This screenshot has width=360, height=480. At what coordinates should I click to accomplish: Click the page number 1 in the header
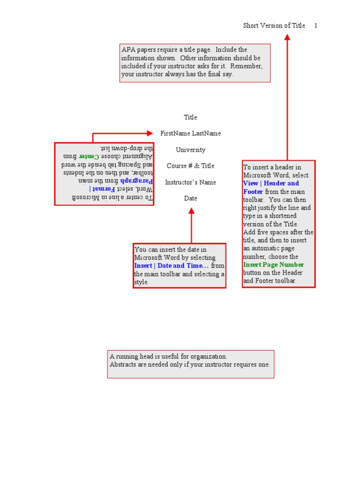click(316, 26)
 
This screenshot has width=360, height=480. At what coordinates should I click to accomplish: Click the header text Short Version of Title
click(274, 26)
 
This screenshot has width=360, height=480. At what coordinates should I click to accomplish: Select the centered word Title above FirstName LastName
click(190, 117)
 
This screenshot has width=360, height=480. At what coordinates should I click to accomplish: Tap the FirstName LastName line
click(190, 134)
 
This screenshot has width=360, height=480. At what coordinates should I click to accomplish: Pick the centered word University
click(190, 150)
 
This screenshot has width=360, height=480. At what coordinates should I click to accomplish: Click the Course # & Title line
click(190, 166)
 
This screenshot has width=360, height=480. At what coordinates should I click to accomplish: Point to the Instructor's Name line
click(190, 182)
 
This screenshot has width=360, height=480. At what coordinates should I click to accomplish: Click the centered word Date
click(190, 198)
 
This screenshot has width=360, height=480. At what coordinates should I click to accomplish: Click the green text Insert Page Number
click(273, 265)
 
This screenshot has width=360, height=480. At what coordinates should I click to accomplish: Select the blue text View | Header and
click(270, 183)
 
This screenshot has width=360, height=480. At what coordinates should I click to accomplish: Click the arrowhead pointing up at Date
click(191, 211)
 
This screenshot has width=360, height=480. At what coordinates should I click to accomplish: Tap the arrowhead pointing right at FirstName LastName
click(150, 134)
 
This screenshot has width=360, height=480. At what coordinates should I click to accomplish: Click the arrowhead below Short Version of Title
click(287, 37)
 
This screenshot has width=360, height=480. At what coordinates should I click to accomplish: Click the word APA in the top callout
click(128, 50)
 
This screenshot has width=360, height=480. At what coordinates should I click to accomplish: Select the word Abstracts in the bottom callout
click(123, 365)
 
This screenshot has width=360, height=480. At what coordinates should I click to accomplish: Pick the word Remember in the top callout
click(248, 66)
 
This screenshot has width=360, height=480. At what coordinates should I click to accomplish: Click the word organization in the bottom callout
click(209, 357)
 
